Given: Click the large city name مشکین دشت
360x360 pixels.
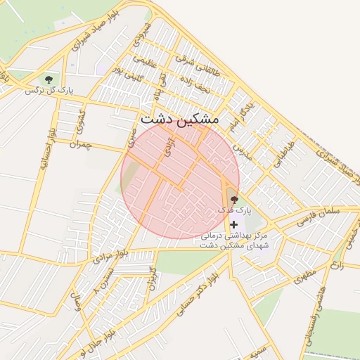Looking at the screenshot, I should pos(180,120).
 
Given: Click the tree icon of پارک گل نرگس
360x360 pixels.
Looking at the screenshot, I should pos(49,79).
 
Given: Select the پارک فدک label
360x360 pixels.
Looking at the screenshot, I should pos(233,210).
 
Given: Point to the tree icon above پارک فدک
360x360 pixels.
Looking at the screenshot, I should pos(233,200).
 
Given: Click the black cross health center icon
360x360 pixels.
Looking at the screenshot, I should pos(233,224).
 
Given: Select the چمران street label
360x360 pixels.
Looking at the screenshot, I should pos(81,143).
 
